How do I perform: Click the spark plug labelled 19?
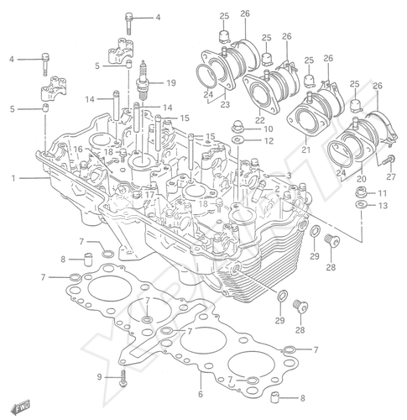(143, 81)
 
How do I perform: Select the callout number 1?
(13, 178)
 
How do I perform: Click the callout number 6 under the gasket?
(201, 394)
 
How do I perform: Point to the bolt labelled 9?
(123, 378)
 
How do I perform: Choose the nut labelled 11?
(361, 192)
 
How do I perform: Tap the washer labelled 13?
(362, 205)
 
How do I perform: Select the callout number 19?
(171, 83)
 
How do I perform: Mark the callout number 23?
(225, 104)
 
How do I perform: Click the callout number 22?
(260, 120)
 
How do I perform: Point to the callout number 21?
(306, 150)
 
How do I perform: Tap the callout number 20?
(362, 178)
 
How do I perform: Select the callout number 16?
(78, 149)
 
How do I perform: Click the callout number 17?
(150, 195)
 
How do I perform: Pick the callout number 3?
(289, 176)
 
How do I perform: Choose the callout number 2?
(277, 189)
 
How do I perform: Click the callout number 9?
(100, 377)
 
